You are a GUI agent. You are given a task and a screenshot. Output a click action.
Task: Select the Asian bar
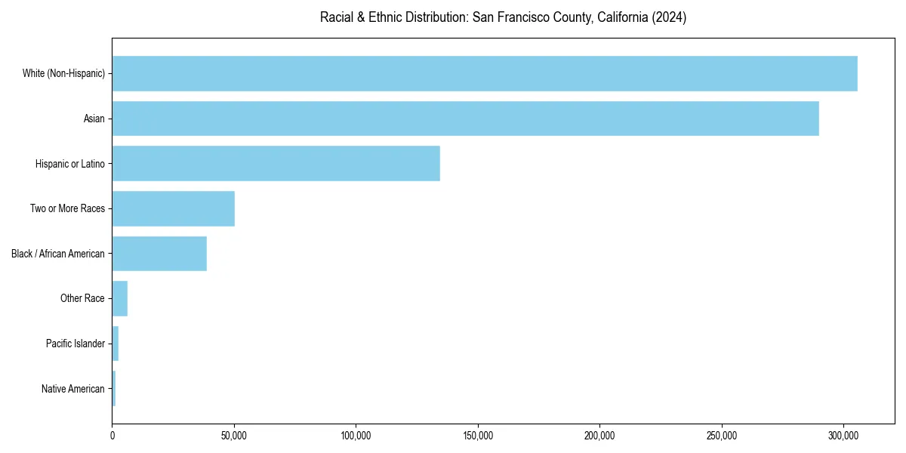(465, 119)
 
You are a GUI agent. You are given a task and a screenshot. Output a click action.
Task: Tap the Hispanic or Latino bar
(276, 163)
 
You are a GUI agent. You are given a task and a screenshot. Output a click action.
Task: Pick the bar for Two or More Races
(173, 208)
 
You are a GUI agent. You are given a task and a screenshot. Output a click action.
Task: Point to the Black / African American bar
(159, 254)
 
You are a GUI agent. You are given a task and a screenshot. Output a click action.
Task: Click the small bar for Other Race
(120, 298)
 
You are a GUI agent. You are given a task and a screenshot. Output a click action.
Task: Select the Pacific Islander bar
(116, 344)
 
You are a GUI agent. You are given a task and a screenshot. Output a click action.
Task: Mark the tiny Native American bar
(114, 389)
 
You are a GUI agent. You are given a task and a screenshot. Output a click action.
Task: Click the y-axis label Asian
(94, 119)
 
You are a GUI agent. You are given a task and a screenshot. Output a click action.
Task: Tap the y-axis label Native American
(73, 389)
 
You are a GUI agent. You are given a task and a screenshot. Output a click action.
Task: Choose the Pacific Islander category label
(75, 344)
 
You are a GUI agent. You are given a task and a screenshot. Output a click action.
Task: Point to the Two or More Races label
(67, 208)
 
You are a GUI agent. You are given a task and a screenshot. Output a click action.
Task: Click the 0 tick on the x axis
(112, 436)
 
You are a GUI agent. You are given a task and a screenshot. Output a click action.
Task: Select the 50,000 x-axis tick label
(234, 436)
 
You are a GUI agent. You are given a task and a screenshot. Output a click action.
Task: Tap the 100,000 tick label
(356, 436)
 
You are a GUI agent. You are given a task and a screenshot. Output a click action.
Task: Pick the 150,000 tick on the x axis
(478, 436)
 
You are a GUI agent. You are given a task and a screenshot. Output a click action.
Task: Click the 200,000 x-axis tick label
(599, 436)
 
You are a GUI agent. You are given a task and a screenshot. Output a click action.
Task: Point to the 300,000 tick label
(843, 436)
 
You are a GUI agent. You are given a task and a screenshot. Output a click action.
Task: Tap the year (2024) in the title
(670, 17)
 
